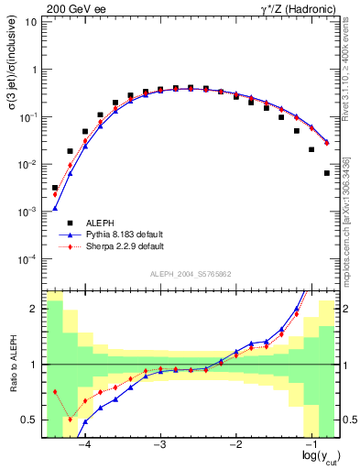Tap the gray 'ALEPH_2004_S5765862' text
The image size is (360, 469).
pyautogui.click(x=191, y=274)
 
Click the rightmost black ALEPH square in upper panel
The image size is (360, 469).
pyautogui.click(x=327, y=173)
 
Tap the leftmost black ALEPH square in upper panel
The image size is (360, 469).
pyautogui.click(x=55, y=188)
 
